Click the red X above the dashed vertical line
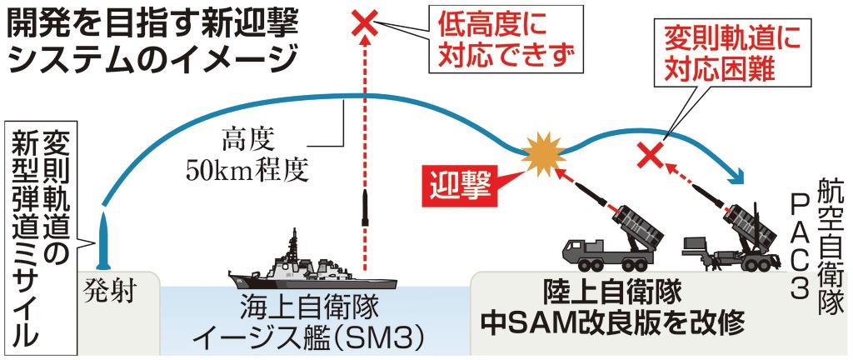pyautogui.click(x=365, y=22)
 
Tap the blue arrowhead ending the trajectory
pyautogui.click(x=736, y=174)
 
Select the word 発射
pyautogui.click(x=110, y=292)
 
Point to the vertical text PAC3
pyautogui.click(x=800, y=250)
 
